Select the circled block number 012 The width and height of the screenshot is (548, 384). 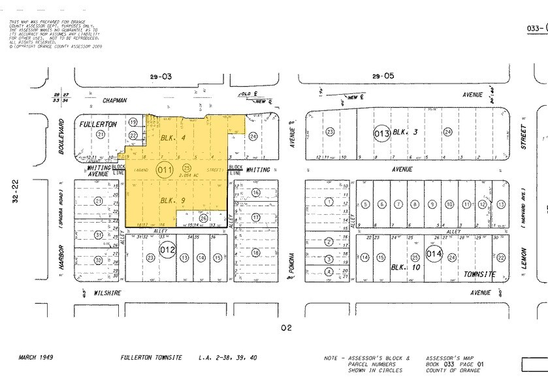[167, 249]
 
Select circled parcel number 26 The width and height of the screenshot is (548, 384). [204, 218]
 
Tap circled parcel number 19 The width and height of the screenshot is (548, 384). [133, 122]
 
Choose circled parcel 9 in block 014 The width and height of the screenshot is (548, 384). [432, 204]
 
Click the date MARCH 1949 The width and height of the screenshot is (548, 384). [36, 358]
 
